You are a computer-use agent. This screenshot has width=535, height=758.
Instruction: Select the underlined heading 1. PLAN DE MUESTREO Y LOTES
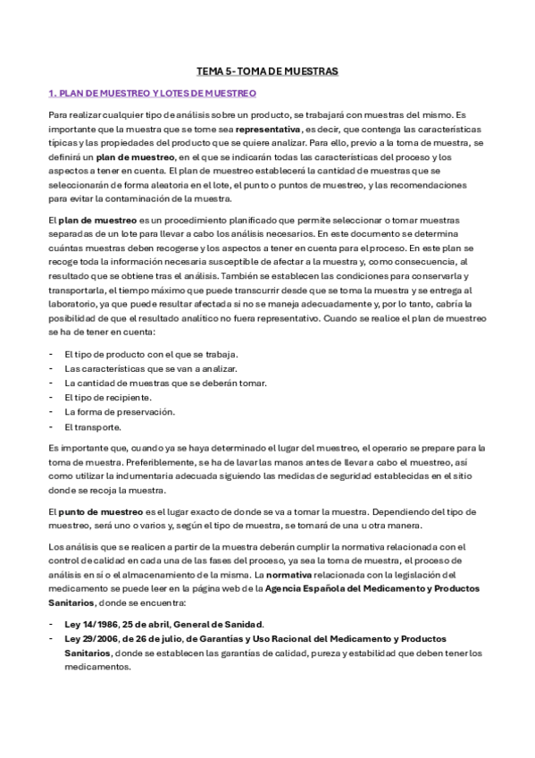152,93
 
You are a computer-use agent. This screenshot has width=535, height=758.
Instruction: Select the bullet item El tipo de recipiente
108,397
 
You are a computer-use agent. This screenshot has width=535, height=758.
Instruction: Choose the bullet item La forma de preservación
120,412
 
